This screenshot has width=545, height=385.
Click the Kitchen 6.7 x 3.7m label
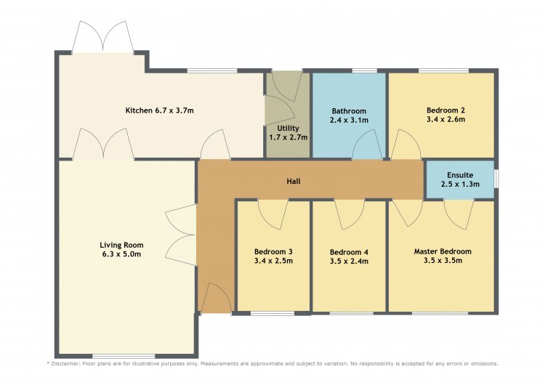coord(160,110)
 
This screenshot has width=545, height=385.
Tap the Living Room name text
coord(121,245)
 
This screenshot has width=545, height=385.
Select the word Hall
coord(294,181)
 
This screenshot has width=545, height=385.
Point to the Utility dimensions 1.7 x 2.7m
coord(288,137)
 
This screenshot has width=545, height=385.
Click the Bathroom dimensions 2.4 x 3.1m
coord(349,121)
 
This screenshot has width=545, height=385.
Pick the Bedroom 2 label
coord(446,110)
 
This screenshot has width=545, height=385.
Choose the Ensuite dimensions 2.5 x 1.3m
coord(460,185)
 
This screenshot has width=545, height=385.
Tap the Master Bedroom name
coord(443,251)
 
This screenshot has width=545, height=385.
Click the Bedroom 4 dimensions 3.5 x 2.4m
coord(349,262)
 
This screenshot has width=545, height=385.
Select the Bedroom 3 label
coord(273,251)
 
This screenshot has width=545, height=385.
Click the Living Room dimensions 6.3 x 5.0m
coord(121,254)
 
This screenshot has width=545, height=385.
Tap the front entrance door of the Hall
coord(217,298)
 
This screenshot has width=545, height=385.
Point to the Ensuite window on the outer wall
coord(496,179)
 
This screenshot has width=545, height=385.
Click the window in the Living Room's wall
coord(124,356)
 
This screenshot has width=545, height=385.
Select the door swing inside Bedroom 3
coord(272,214)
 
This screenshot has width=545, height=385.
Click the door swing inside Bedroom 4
coord(350,214)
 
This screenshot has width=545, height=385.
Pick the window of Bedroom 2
coord(443,71)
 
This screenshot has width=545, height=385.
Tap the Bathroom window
coord(365,71)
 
